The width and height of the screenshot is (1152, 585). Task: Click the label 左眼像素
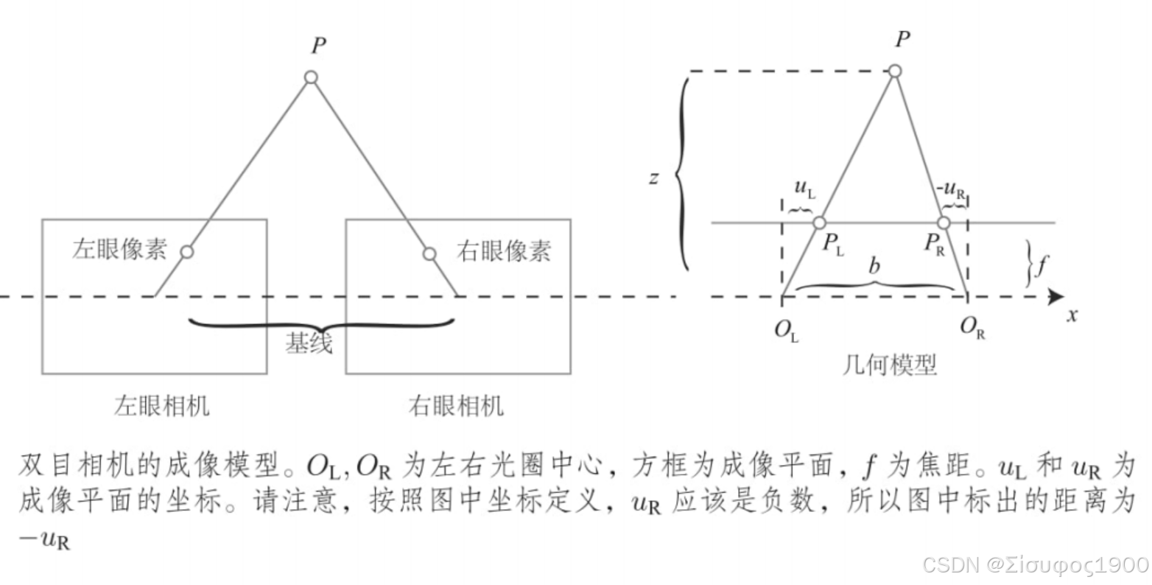tap(119, 249)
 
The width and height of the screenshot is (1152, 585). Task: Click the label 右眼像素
tap(504, 251)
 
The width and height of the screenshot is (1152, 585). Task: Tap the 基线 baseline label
tap(309, 343)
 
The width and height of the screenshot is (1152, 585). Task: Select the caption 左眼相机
tap(161, 406)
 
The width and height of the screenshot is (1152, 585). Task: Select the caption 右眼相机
tap(456, 406)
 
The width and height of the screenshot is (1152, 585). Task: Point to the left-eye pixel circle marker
tap(187, 252)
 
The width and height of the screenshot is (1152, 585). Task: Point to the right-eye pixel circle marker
tap(429, 253)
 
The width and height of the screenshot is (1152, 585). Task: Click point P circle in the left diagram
tap(311, 77)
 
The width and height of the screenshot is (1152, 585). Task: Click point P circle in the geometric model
tap(895, 71)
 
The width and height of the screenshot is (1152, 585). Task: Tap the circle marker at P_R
tap(943, 223)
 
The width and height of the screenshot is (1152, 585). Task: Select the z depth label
tap(653, 178)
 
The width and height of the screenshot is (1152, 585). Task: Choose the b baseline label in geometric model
tap(874, 265)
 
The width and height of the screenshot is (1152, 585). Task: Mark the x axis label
tap(1072, 316)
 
